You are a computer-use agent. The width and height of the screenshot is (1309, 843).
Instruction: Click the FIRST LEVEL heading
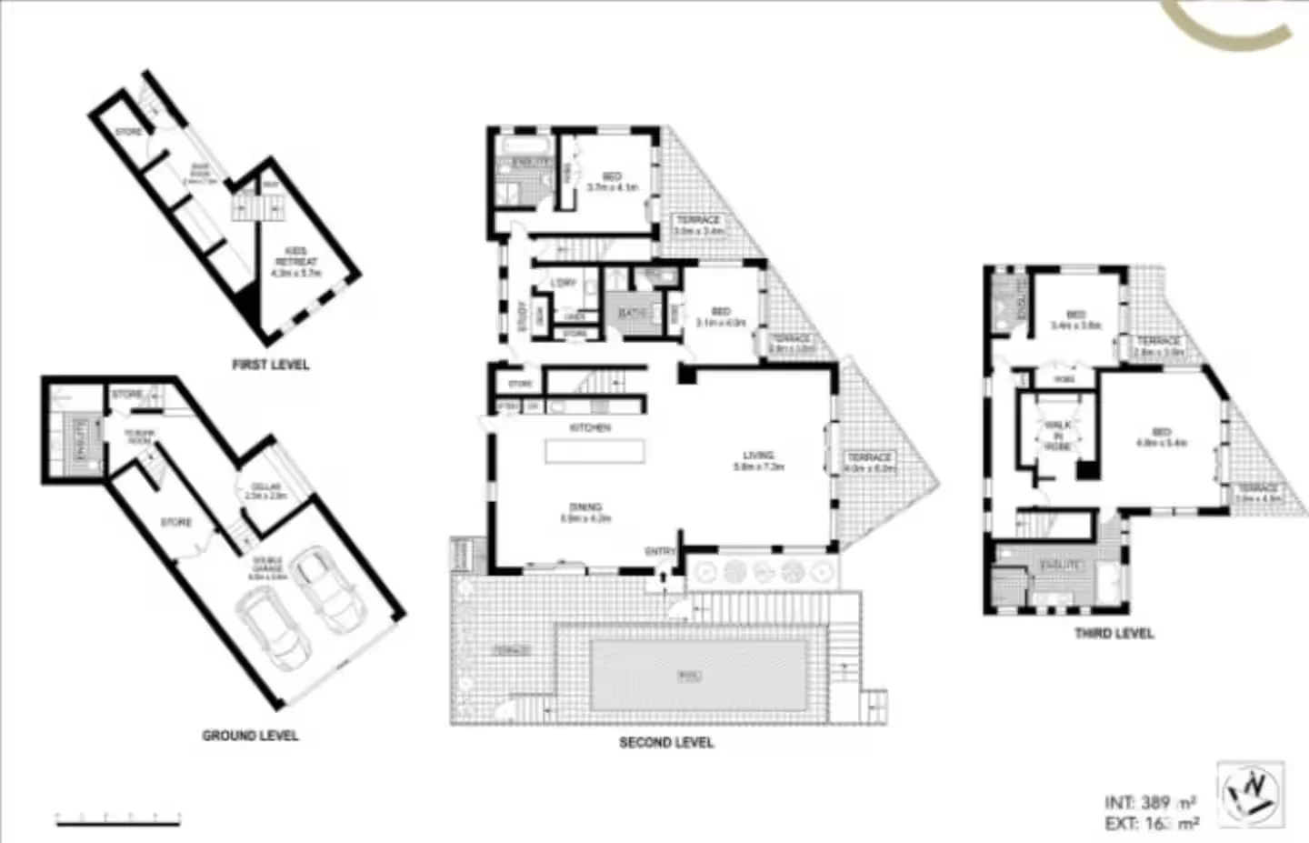pos(271,365)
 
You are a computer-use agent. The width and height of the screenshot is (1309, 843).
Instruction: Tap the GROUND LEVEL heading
pos(250,735)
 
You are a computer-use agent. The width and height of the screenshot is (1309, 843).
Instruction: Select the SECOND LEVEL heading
pos(666,742)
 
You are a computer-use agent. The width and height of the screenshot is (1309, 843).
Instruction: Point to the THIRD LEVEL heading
pos(1114,633)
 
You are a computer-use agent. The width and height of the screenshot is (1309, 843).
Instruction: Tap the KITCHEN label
pos(590,427)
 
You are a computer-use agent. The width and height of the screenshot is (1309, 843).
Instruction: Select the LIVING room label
pos(758,456)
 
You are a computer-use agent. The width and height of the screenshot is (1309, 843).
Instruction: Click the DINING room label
pos(585,507)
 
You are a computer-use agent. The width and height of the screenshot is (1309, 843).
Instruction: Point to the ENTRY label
pos(660,552)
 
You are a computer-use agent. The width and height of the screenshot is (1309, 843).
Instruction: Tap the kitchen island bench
pos(595,451)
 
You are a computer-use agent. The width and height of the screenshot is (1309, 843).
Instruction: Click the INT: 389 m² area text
pos(1149,802)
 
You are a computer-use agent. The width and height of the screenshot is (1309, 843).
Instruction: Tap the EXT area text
pos(1151,824)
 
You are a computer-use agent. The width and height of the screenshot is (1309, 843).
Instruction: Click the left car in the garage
pos(271,627)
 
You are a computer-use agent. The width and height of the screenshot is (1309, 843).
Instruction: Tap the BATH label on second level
pos(632,314)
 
